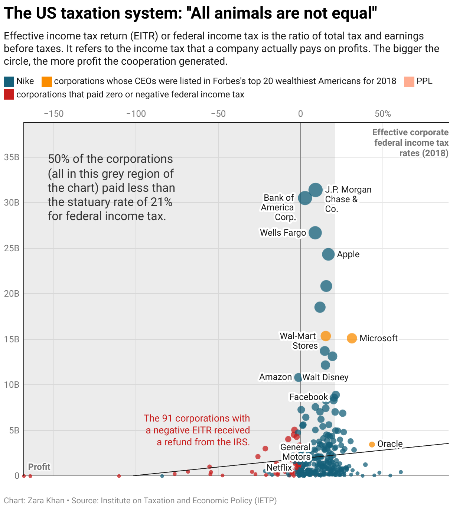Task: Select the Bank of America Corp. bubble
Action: [x=305, y=198]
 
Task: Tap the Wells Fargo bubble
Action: [x=315, y=233]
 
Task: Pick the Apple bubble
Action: [x=328, y=255]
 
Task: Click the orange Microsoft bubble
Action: [x=352, y=338]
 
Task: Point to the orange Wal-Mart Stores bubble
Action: [x=326, y=336]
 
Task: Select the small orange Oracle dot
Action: [x=372, y=445]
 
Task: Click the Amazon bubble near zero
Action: [x=298, y=378]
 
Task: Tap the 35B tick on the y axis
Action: [x=12, y=157]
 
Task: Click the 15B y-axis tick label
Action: [x=12, y=339]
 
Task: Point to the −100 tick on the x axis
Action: [x=136, y=114]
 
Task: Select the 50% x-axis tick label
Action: [x=383, y=114]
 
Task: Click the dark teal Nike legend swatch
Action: [x=9, y=81]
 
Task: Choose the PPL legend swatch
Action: [x=409, y=81]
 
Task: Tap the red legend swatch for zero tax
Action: [x=9, y=95]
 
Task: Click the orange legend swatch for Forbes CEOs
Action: [x=47, y=81]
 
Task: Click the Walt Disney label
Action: [x=325, y=378]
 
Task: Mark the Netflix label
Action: [x=279, y=468]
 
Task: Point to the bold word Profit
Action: [x=39, y=467]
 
